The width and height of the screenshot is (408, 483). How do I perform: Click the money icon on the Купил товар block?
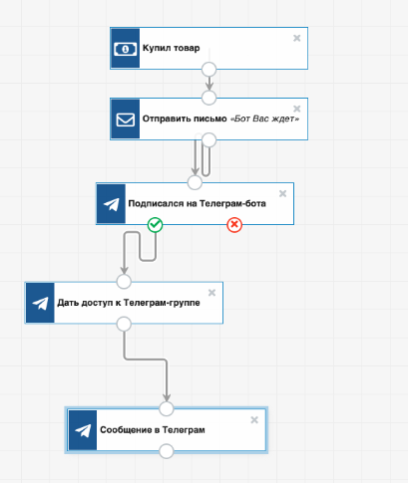tap(125, 49)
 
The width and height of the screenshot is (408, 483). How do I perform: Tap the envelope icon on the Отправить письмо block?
tap(126, 120)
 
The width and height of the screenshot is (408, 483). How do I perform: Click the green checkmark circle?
tap(155, 225)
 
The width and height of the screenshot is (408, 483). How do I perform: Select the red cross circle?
tap(234, 225)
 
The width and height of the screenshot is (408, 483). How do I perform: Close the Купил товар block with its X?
tap(297, 38)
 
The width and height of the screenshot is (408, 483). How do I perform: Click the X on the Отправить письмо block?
tap(297, 109)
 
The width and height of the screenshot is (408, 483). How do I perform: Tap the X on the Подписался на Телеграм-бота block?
tap(282, 193)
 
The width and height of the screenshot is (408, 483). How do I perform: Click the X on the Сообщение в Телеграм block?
tap(254, 420)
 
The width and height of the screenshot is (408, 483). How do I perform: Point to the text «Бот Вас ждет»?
tap(265, 119)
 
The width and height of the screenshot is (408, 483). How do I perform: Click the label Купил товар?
tap(172, 48)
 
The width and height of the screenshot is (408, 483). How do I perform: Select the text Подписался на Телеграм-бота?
tap(198, 203)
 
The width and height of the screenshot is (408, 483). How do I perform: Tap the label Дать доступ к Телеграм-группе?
tap(129, 303)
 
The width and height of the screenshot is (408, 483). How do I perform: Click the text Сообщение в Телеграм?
tap(153, 430)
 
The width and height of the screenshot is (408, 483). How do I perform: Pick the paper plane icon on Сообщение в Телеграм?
tap(83, 430)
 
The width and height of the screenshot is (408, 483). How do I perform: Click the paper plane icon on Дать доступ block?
tap(40, 303)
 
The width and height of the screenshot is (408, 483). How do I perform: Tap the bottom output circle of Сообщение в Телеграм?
tap(167, 451)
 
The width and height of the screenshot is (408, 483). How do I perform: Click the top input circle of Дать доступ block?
tap(124, 282)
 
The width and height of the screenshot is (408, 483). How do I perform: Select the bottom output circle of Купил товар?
tap(209, 70)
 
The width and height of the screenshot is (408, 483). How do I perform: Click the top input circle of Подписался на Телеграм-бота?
tap(195, 182)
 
